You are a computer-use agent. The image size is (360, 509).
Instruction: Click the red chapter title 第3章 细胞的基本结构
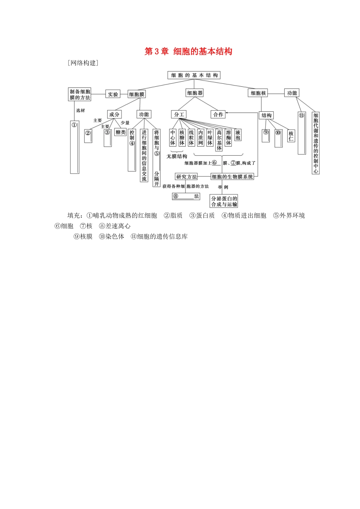coord(188,52)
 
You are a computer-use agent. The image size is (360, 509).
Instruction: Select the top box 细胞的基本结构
coord(194,75)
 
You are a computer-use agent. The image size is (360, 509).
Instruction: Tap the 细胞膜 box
coord(136,94)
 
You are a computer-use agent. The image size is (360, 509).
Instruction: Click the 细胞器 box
coord(195,93)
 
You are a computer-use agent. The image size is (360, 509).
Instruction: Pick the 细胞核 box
coord(258,93)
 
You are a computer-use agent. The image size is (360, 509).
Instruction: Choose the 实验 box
coord(113,94)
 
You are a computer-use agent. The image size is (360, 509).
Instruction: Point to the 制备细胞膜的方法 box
coord(80,94)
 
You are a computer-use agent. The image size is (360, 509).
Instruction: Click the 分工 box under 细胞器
coord(179,114)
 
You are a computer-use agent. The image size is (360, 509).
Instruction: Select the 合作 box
coord(218,114)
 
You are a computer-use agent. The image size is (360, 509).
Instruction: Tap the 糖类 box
coord(121,132)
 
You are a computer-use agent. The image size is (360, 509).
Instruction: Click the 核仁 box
coord(291,136)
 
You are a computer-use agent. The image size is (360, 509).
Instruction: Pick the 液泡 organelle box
coord(238,135)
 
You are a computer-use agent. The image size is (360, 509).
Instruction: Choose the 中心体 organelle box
coord(173,137)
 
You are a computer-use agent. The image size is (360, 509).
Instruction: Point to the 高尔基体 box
coord(219,140)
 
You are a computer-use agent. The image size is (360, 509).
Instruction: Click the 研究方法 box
coord(186,177)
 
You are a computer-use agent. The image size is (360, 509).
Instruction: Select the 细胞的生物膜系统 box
coord(233,177)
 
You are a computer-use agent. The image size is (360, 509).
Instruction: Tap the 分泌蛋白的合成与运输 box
coord(224,201)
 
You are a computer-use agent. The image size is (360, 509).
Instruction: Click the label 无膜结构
coord(177,156)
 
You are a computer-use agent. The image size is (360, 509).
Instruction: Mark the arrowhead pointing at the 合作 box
coord(227,113)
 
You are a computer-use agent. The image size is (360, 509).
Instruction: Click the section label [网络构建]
coord(83,63)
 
